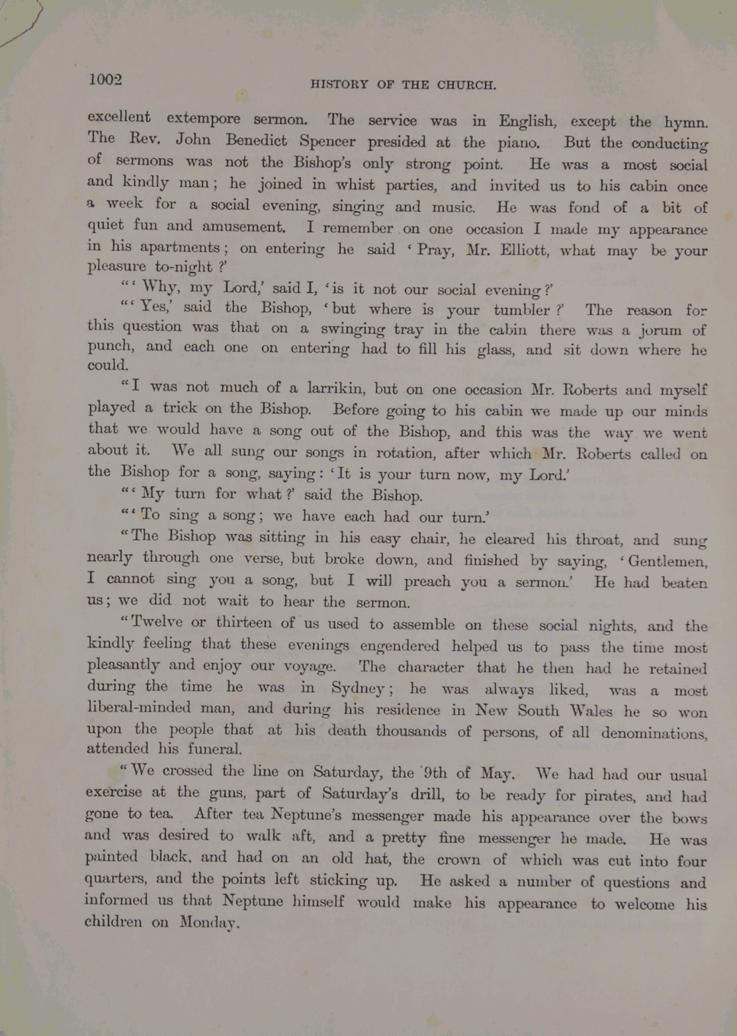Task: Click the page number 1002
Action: click(105, 80)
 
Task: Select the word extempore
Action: click(203, 119)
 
